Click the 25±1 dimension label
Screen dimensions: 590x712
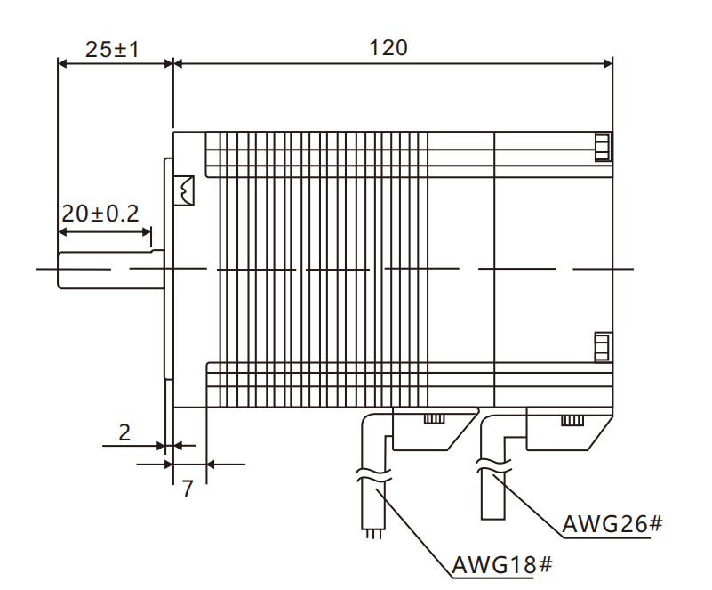point(112,48)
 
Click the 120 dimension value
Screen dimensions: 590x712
point(388,47)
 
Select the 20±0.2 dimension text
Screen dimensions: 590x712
point(100,214)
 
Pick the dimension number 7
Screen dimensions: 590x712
point(188,488)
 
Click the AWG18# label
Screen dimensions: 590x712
point(503,564)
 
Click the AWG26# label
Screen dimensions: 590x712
point(612,523)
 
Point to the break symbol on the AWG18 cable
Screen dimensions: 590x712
point(372,475)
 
